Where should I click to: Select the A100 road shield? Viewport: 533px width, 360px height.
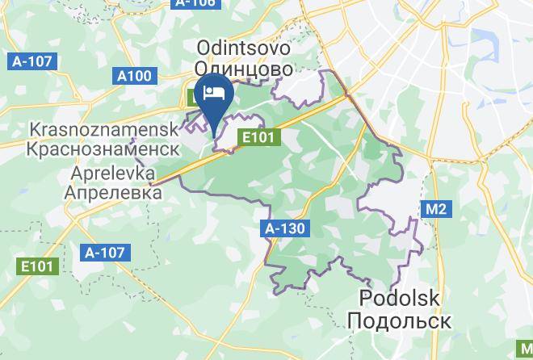coord(133,76)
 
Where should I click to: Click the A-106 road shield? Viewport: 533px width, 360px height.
coord(195,3)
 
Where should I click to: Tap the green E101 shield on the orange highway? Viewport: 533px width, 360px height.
coord(260,138)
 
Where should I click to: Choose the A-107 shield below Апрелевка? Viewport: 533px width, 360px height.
coord(105,252)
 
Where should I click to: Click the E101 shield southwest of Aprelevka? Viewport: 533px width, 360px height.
coord(36,265)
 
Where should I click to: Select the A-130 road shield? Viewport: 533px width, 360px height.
coord(286,228)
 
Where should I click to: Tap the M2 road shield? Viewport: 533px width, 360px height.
coord(436,210)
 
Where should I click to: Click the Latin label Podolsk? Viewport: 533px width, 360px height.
coord(400,299)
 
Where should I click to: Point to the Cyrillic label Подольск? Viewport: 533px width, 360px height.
coord(400,320)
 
